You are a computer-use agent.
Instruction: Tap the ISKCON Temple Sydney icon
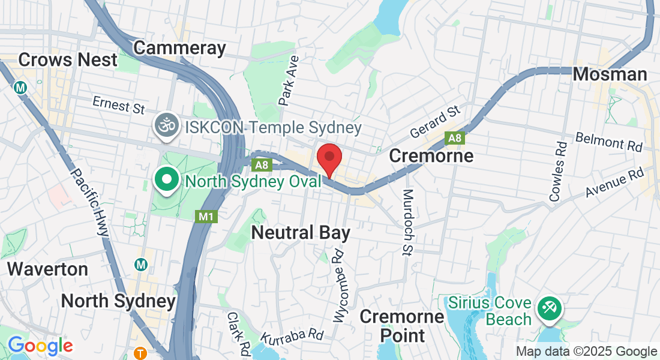166,126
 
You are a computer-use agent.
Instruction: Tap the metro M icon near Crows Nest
21,87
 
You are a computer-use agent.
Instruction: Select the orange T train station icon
140,353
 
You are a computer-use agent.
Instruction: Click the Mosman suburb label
610,74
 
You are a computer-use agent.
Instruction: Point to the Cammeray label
179,48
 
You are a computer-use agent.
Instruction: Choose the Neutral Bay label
301,233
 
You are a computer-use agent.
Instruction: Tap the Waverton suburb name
47,268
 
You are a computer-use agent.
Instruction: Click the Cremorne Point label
401,325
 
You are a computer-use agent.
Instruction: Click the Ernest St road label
119,105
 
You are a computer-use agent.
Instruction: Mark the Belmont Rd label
608,142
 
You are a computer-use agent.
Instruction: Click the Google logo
40,346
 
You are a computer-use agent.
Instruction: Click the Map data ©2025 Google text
586,352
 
